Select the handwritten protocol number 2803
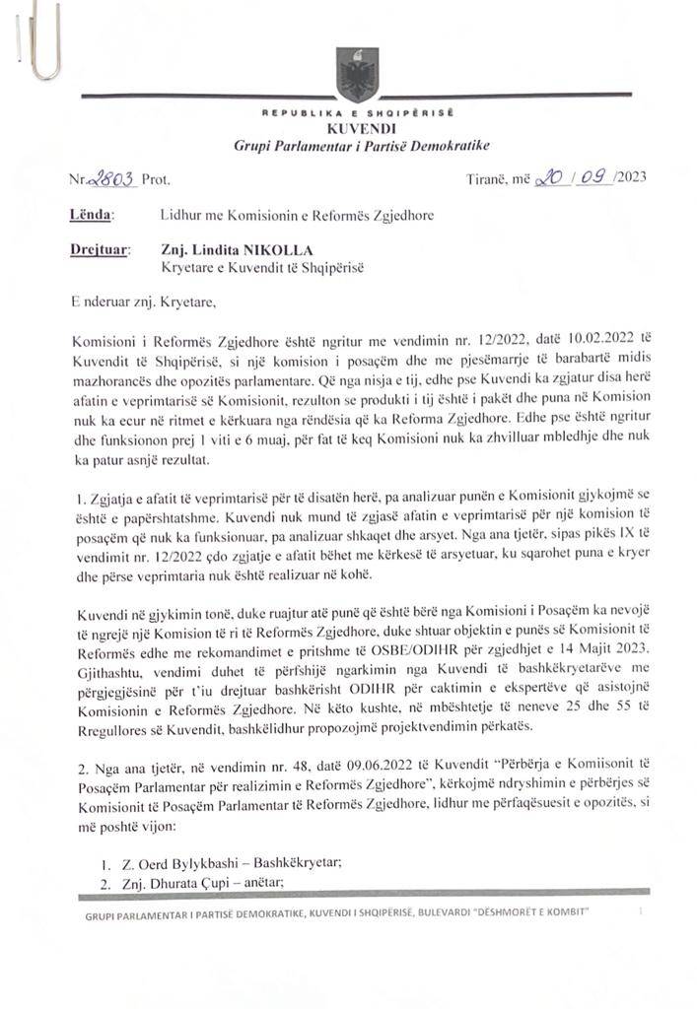[x=111, y=180]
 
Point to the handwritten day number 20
[x=548, y=179]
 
